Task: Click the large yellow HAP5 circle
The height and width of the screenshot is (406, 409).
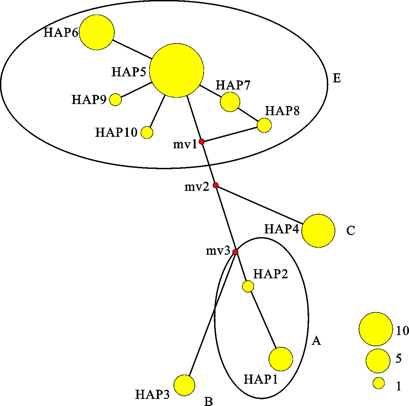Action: pos(177,70)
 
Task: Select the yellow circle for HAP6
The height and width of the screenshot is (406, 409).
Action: pos(97,32)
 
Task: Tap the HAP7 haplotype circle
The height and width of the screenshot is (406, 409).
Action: pos(230,102)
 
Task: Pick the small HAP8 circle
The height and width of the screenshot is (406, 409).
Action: pos(264,125)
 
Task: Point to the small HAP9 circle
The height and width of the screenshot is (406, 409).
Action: pos(116,100)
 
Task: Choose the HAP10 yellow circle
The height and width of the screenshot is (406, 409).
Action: pos(147,132)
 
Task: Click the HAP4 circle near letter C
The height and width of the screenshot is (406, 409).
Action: pos(318,231)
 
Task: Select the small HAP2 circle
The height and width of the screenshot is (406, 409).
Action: pos(248,286)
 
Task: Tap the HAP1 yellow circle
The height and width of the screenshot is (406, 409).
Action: pos(281,359)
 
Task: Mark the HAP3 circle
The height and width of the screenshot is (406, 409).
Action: pos(184,385)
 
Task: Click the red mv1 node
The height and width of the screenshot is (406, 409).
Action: pos(202,142)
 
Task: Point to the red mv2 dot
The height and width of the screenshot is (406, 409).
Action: pos(215,185)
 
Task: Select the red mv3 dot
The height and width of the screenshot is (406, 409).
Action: pos(235,252)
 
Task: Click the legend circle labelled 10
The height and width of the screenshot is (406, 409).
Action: pos(376,329)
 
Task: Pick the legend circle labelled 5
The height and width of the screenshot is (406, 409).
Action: pos(378,360)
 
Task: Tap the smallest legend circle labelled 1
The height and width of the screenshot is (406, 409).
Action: pos(379,383)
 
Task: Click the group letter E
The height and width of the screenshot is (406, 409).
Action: pos(337,78)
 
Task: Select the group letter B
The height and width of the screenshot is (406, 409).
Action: pos(208,401)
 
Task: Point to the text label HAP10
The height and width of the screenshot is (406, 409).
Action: pos(116,132)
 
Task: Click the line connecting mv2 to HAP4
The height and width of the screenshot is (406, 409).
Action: pos(259,205)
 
